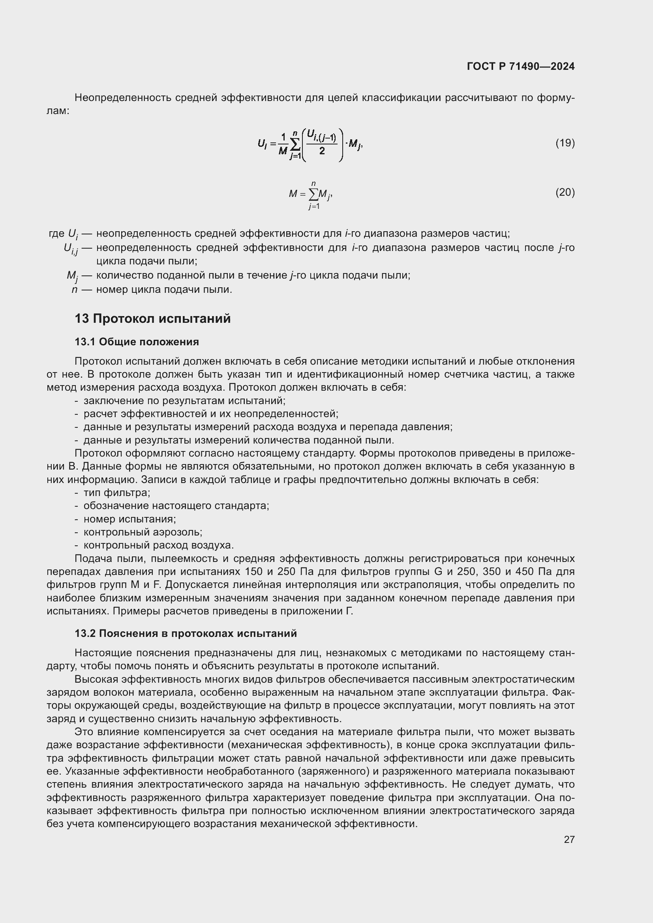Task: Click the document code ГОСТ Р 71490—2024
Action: [520, 66]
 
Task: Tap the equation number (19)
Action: [565, 143]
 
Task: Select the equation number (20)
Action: [565, 193]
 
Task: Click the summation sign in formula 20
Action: [313, 195]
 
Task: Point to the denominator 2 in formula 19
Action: [322, 151]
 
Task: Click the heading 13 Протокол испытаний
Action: [152, 319]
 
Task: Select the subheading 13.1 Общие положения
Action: [137, 342]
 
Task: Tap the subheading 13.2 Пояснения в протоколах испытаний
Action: [186, 634]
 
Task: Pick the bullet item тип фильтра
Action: [116, 493]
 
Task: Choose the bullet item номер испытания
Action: [129, 519]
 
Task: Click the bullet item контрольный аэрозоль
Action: [143, 532]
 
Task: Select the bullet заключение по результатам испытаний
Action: [184, 401]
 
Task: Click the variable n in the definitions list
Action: [74, 289]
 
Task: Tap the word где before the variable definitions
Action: [56, 234]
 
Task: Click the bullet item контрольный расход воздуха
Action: [158, 545]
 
